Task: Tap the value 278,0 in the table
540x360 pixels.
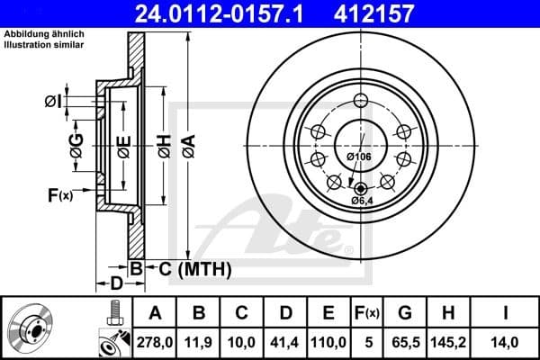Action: [155, 342]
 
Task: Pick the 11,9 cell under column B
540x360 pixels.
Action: [199, 342]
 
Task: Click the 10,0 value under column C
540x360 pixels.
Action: [242, 342]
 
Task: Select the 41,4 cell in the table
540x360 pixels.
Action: [285, 342]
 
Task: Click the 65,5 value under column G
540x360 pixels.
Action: [405, 342]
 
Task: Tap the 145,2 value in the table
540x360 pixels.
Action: [451, 342]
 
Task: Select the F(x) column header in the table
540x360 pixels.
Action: [367, 313]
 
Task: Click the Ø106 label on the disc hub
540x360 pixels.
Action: [359, 158]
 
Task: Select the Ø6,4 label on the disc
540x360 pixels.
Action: [362, 200]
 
